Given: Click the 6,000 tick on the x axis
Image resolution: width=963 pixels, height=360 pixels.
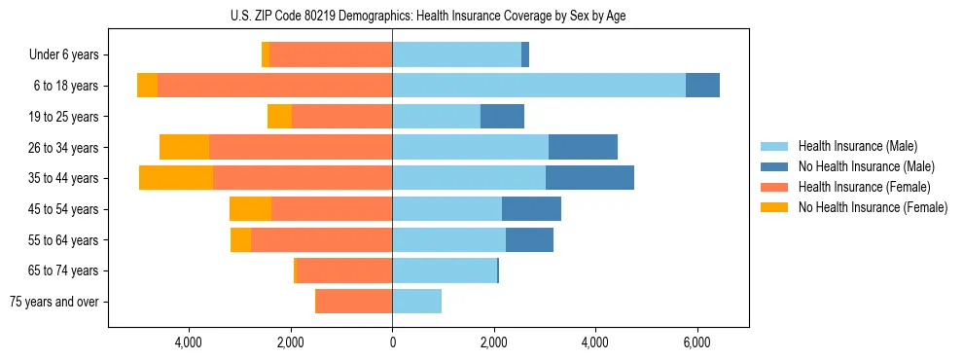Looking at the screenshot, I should pos(696,342).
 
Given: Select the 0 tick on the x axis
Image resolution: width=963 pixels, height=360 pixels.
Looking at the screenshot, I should pos(392,342).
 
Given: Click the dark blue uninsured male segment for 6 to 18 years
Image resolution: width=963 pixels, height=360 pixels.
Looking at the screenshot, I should pos(702,86).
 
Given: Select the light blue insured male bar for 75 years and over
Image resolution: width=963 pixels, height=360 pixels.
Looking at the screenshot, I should pos(416,302).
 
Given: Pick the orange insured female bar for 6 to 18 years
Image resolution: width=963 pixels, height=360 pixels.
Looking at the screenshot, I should pos(274,86).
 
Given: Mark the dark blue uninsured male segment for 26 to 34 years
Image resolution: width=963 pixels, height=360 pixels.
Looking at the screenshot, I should pos(583,147).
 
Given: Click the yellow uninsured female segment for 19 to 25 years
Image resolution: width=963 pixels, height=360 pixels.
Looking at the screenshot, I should pos(279,117).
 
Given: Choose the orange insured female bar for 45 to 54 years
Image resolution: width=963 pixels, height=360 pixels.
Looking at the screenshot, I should pos(332,209).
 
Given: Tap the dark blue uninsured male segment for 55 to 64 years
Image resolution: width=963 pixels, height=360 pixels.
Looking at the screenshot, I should pos(529,239).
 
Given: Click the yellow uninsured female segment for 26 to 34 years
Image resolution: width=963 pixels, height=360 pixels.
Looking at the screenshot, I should pos(184,147).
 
